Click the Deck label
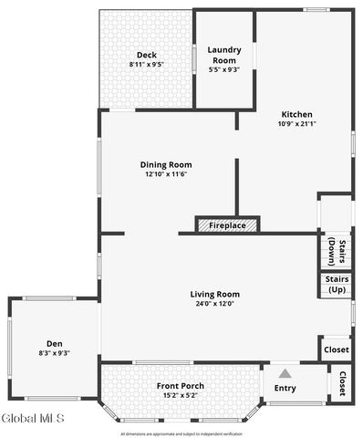coord(147,55)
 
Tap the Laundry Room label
coord(224,55)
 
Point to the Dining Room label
coord(166,165)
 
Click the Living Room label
coord(214,294)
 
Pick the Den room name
coord(55,344)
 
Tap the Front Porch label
coord(179,386)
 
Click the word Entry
coord(285,389)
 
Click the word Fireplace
coord(227,224)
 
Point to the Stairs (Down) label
coord(336,249)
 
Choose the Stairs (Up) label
coord(336,285)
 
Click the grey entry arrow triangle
coord(285,373)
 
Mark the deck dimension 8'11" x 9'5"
coord(147,65)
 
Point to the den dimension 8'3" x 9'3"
coord(55,353)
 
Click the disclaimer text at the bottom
coord(181,434)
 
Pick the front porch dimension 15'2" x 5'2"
coord(179,396)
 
